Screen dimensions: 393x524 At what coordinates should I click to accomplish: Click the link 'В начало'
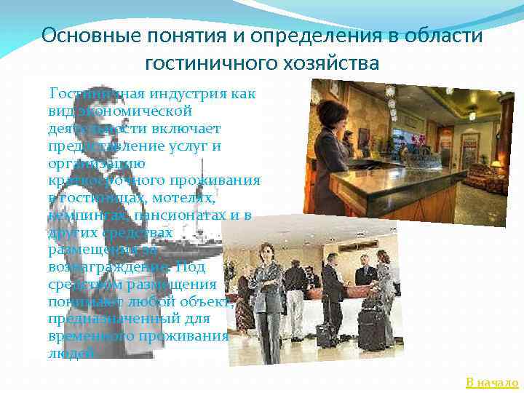492,383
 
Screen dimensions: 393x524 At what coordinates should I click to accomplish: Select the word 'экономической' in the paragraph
138,111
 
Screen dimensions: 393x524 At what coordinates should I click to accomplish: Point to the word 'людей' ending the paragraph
70,353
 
